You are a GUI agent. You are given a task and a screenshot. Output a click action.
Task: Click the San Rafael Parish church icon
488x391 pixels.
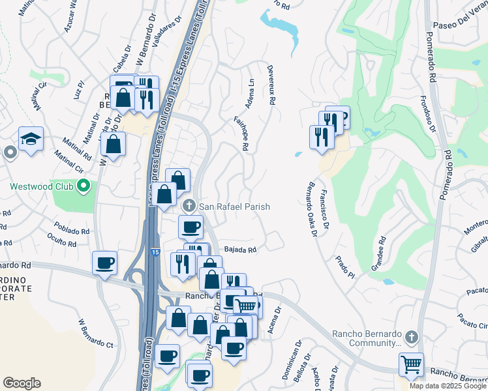pyautogui.click(x=189, y=206)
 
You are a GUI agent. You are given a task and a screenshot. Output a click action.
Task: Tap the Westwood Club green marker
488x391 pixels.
pyautogui.click(x=83, y=187)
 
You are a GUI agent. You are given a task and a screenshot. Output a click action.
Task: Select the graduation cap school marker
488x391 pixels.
pyautogui.click(x=31, y=139)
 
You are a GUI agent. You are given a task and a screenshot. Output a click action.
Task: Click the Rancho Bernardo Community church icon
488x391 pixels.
pyautogui.click(x=410, y=338)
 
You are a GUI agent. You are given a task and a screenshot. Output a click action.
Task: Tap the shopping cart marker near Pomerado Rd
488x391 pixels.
pyautogui.click(x=411, y=364)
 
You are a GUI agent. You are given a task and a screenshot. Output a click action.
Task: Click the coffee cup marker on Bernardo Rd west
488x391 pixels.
pyautogui.click(x=105, y=263)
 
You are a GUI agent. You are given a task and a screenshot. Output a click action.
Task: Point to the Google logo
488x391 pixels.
pyautogui.click(x=22, y=383)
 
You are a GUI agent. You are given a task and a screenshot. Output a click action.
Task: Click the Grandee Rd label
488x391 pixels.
pyautogui.click(x=378, y=248)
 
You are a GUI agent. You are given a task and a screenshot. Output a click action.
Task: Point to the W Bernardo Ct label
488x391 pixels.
pyautogui.click(x=95, y=333)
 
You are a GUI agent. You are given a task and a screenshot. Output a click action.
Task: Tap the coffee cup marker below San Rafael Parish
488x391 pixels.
pyautogui.click(x=191, y=227)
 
